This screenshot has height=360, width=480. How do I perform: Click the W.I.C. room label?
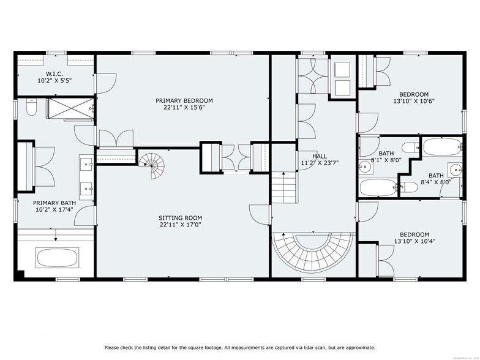click(54, 73)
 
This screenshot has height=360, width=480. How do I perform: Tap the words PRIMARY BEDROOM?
click(184, 101)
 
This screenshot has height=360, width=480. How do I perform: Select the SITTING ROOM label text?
click(180, 218)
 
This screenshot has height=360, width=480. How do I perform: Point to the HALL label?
click(320, 156)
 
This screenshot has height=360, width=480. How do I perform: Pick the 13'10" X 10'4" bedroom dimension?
click(414, 242)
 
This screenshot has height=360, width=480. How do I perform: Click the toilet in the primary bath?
click(32, 108)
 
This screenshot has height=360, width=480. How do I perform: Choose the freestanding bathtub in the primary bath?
click(56, 257)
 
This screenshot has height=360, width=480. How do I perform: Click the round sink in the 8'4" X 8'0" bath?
click(455, 170)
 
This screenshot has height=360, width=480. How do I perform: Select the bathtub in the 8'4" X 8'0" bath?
click(441, 147)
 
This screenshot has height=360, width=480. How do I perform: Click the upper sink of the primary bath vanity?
click(86, 164)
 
